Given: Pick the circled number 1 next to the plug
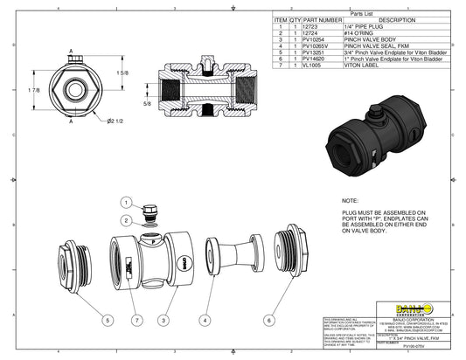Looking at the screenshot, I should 125,203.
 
